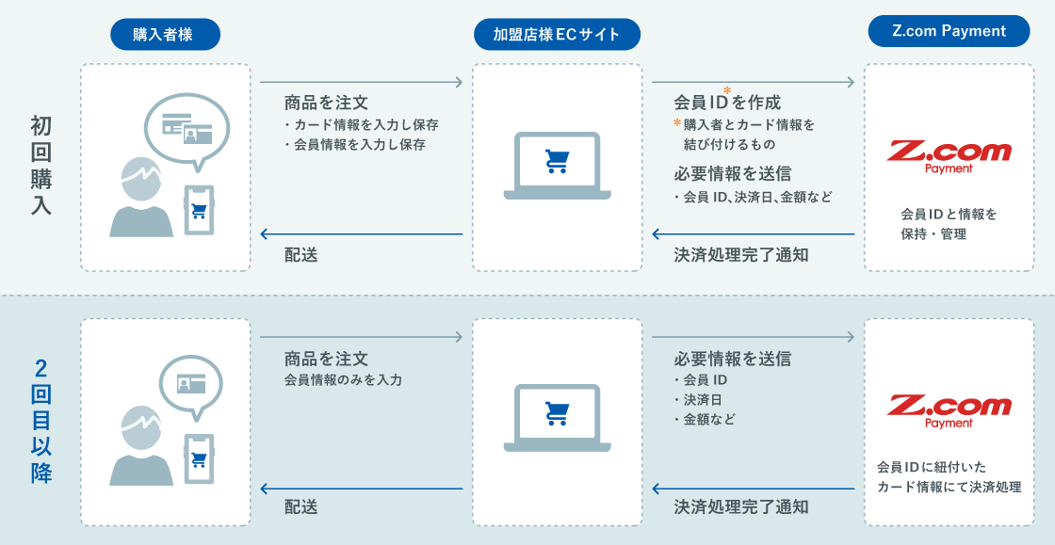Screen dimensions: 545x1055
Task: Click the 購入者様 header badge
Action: click(165, 35)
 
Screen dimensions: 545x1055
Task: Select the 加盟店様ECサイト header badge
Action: click(557, 35)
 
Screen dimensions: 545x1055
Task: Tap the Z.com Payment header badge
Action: click(949, 31)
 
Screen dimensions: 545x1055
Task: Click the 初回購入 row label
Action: click(41, 167)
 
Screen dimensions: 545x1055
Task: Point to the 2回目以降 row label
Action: click(41, 420)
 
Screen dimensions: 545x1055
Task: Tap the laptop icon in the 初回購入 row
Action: click(557, 166)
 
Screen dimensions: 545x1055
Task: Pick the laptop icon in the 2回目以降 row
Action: click(557, 416)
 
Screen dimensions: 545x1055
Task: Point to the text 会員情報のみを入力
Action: click(343, 380)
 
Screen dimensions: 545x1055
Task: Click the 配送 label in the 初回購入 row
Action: click(300, 254)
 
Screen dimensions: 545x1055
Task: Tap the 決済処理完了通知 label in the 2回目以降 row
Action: click(740, 506)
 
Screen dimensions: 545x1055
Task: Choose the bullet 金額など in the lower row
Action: click(706, 419)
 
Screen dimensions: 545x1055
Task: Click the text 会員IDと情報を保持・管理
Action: click(949, 224)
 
